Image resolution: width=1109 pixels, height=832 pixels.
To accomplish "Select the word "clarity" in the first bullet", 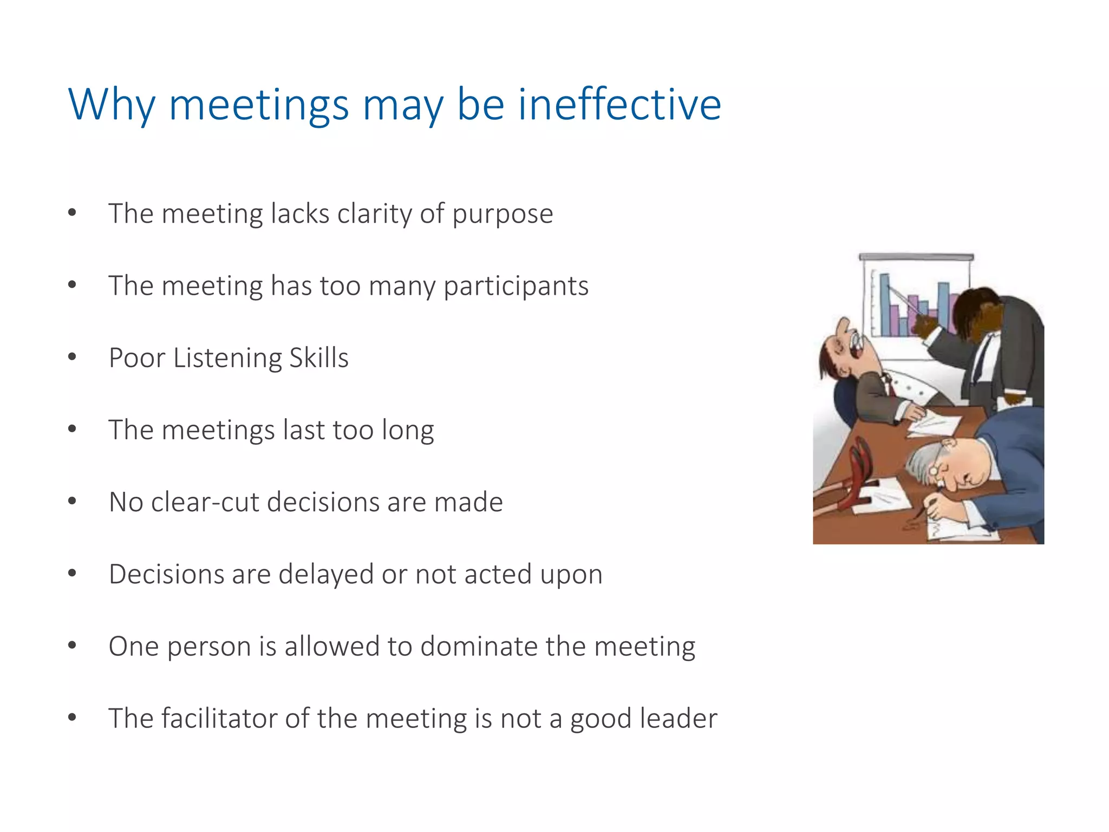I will click(x=374, y=213).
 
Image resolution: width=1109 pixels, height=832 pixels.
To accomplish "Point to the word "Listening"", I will click(x=228, y=358).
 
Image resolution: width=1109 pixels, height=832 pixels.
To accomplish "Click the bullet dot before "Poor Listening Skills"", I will click(x=72, y=357).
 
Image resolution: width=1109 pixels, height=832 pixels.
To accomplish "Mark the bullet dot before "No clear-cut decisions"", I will click(x=72, y=501).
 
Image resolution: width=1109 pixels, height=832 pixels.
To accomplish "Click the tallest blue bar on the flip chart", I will click(x=885, y=303).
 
